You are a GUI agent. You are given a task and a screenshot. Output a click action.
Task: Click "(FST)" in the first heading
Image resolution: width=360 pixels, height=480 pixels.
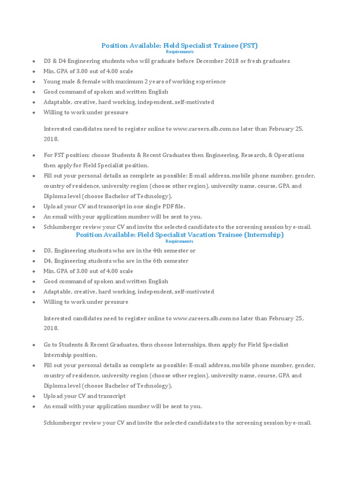point(248,45)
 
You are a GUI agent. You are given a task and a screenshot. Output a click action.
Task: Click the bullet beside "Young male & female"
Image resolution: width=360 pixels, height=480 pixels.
point(34,82)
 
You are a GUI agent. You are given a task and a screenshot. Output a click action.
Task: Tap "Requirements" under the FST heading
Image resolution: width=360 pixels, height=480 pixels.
point(180,52)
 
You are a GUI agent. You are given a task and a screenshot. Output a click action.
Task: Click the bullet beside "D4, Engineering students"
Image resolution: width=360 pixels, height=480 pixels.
point(34,262)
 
